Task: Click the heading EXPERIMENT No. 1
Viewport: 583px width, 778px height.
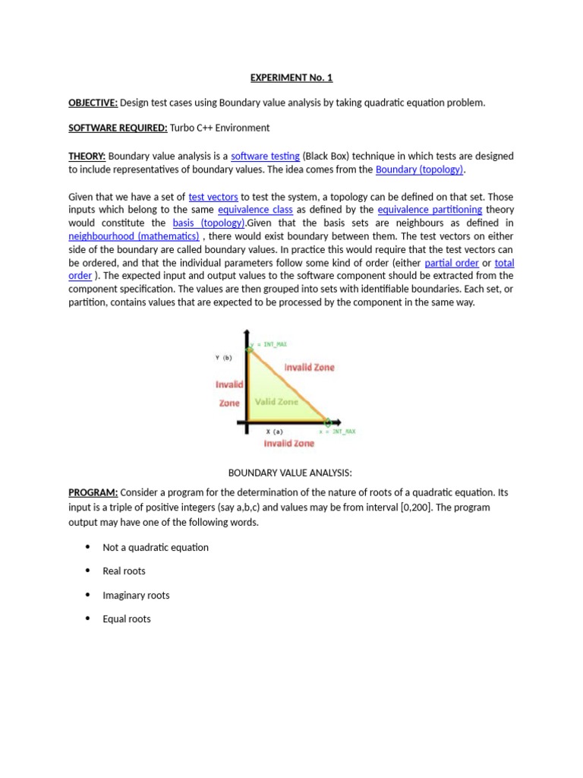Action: tap(291, 77)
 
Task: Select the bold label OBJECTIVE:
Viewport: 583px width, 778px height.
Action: tap(93, 103)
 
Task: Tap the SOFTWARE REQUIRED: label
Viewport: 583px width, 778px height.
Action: tap(118, 128)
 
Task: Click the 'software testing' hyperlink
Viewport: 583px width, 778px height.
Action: tap(265, 156)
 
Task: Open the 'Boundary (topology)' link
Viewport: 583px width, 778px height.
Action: tap(419, 169)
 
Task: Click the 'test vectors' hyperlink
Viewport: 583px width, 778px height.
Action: tap(213, 196)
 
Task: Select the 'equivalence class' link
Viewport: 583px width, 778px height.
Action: tap(255, 209)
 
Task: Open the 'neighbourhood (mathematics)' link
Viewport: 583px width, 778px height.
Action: tap(134, 236)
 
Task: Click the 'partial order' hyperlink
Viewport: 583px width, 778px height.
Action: tap(452, 262)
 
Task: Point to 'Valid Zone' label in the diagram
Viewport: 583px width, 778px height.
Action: tap(276, 402)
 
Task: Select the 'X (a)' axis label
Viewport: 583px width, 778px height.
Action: tap(273, 431)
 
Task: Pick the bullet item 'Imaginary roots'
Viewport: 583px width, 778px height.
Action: tap(136, 595)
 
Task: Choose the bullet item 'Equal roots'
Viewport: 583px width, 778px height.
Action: tap(127, 619)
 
